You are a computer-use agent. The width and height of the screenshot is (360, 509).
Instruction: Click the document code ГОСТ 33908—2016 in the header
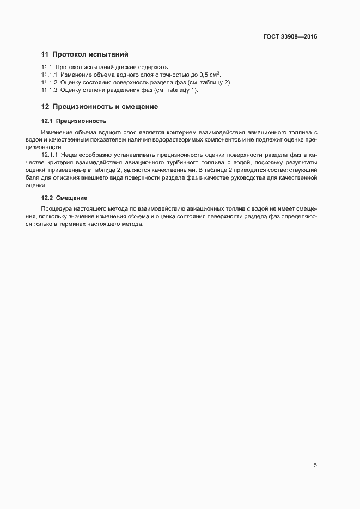[x=290, y=37]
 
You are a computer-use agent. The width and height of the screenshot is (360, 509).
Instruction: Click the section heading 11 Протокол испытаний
[x=84, y=54]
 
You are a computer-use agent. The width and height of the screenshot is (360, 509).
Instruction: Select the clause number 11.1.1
[x=50, y=74]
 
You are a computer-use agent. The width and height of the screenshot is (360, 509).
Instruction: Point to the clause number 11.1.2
[x=50, y=82]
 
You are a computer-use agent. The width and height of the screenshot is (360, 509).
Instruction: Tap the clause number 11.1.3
[x=50, y=90]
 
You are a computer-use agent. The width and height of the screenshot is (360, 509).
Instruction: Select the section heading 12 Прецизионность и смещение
[x=100, y=107]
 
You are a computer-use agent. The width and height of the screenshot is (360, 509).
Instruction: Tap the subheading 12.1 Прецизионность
[x=74, y=121]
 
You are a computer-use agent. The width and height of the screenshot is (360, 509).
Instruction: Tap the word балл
[x=47, y=177]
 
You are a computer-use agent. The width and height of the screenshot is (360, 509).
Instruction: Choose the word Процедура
[x=56, y=209]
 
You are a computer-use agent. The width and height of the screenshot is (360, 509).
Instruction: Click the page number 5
[x=315, y=465]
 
